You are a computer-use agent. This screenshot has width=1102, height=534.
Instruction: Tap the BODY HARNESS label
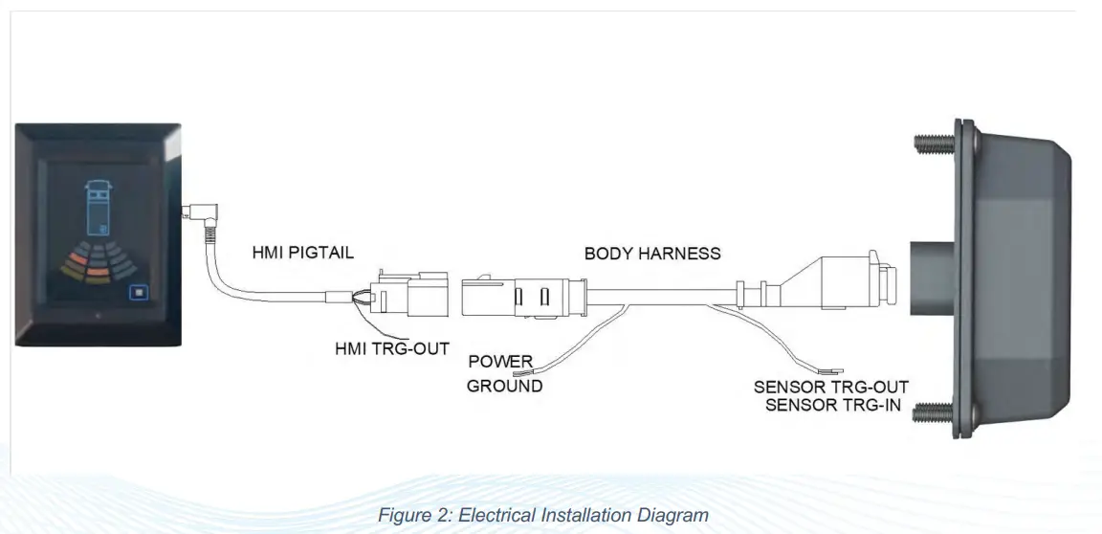[652, 254]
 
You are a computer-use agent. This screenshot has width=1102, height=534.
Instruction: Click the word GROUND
[505, 387]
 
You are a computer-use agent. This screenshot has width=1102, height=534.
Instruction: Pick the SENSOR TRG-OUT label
[830, 388]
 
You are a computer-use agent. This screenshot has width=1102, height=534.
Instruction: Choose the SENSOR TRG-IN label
[837, 405]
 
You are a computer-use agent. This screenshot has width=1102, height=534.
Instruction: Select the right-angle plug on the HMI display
[198, 210]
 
